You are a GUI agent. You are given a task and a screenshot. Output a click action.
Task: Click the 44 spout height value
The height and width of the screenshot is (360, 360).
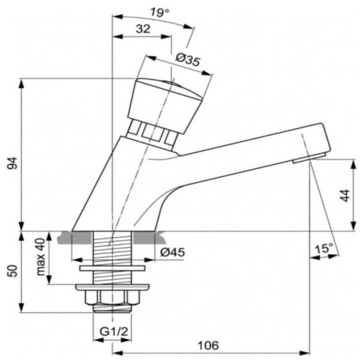coord(344,196)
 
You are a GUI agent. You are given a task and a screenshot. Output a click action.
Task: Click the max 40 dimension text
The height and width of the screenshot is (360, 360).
coord(40,257)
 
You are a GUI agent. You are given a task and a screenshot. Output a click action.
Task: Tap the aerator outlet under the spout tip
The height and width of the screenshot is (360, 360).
coord(309,158)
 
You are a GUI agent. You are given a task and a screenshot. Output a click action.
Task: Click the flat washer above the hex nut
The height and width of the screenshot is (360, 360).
coord(112,267)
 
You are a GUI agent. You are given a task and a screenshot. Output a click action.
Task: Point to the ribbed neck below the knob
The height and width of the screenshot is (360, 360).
coord(154,133)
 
